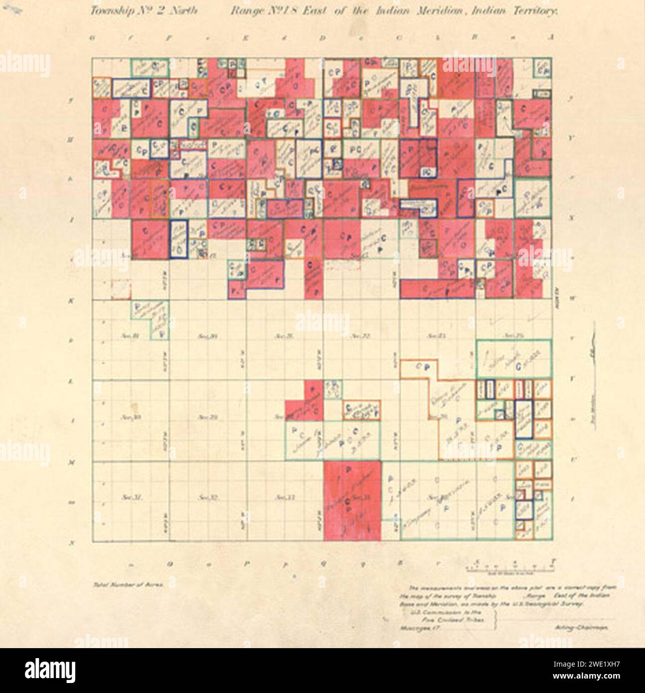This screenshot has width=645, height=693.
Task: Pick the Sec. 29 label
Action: coord(206,416)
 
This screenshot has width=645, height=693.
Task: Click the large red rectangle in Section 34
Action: coord(352,501)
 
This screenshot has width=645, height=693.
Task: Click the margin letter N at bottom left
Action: coord(74,543)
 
